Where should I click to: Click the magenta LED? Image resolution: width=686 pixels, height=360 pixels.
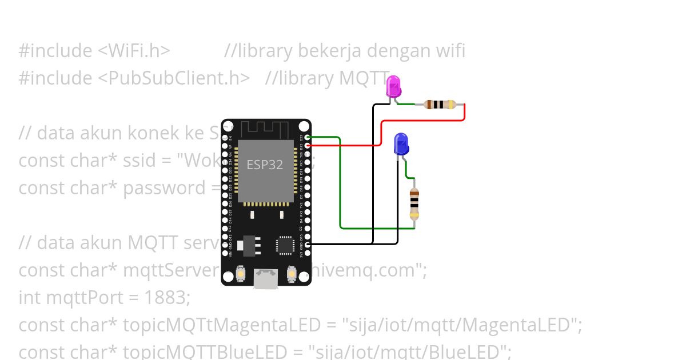(394, 86)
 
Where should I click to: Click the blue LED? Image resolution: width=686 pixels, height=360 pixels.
(401, 144)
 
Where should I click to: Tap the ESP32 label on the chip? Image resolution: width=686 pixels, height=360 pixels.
(265, 165)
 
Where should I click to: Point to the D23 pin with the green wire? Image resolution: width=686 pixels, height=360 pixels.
(308, 137)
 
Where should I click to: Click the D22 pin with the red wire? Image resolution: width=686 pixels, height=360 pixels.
(308, 146)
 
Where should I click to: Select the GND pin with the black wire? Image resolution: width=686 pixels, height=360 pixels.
(308, 245)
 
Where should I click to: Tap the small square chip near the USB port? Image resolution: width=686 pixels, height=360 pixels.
(285, 245)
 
